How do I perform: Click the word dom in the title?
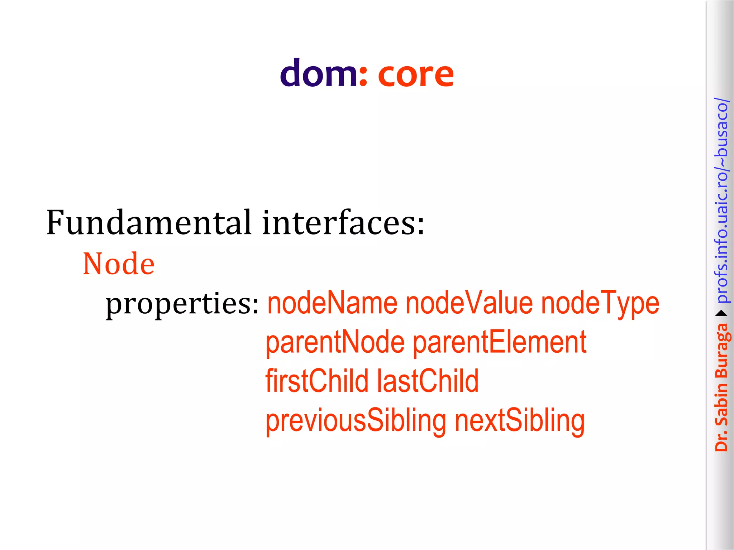318,73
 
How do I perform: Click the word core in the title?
416,74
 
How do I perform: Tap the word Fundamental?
149,223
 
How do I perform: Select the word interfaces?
343,223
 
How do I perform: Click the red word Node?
119,264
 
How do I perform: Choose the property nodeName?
333,303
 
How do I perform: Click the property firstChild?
317,381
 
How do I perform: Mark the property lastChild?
428,381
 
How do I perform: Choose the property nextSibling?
520,420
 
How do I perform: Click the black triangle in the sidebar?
721,314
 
